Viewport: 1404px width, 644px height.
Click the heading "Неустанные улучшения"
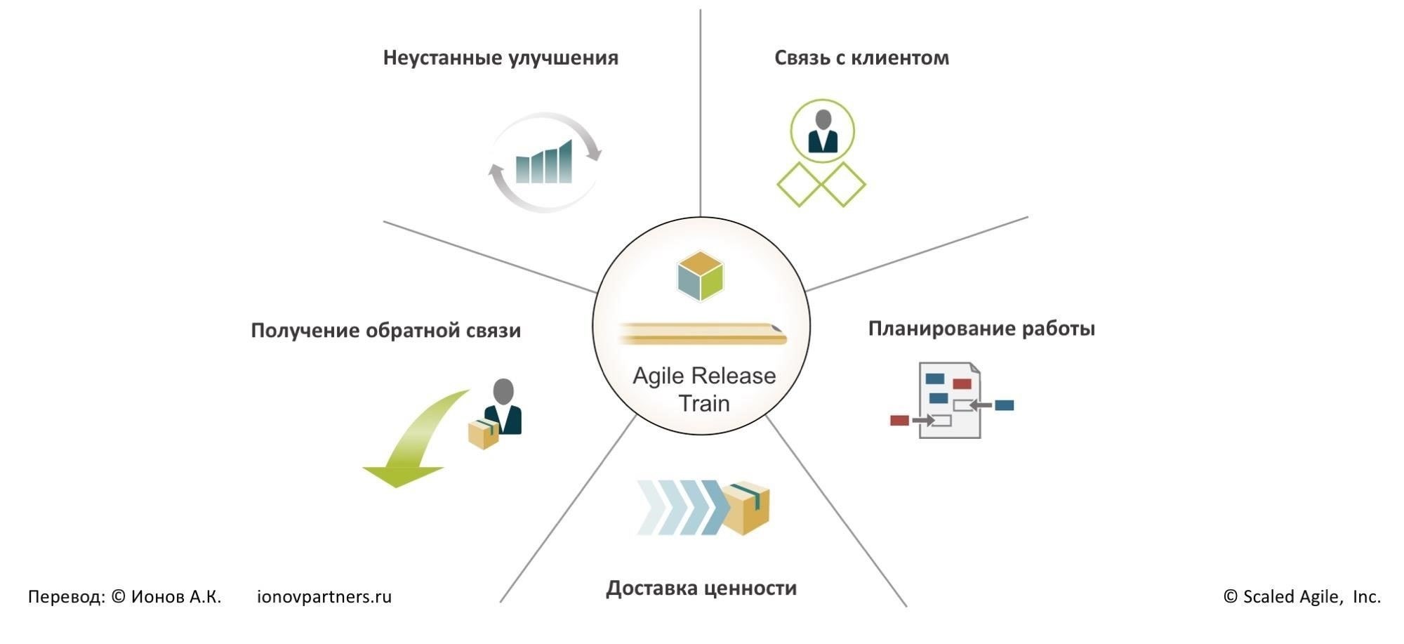coord(501,58)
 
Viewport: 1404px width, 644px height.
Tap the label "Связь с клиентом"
coord(861,58)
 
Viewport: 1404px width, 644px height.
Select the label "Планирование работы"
coord(981,329)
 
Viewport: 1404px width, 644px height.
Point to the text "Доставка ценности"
coord(701,588)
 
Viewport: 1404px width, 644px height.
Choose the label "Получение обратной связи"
coord(385,331)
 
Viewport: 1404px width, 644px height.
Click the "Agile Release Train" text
coord(704,389)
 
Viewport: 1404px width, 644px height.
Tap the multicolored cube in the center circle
coord(701,276)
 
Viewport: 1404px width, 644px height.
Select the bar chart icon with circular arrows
coord(545,162)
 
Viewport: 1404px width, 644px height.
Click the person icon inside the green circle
coord(823,131)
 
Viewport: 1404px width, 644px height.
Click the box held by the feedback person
coord(483,434)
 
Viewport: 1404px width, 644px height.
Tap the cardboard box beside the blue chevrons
coord(747,507)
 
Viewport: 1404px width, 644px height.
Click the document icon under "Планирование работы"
coord(950,400)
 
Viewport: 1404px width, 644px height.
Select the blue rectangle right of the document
coord(1005,405)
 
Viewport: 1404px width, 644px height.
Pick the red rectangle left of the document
coord(899,421)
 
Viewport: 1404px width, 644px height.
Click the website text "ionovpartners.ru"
coord(324,597)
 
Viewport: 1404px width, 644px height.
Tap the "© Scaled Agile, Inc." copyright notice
coord(1302,597)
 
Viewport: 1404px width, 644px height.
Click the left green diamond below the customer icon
coord(800,185)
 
